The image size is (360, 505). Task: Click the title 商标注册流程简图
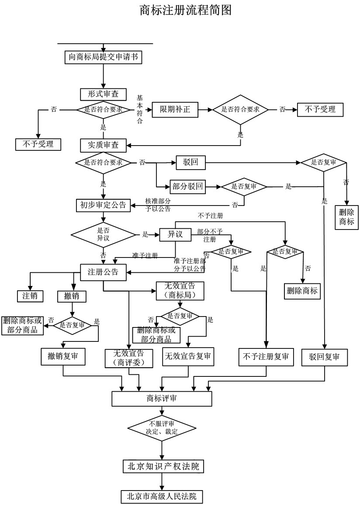[x=185, y=10]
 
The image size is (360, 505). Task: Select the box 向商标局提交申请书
[x=103, y=57]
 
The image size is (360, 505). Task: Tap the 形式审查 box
[x=103, y=94]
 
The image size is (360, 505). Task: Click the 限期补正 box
[x=175, y=109]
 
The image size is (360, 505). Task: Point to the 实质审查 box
[x=103, y=144]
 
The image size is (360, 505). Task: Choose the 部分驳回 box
[x=187, y=187]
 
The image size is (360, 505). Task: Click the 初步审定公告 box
[x=103, y=205]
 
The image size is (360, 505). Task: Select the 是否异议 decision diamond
[x=103, y=235]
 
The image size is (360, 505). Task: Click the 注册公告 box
[x=103, y=272]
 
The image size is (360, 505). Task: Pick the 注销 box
[x=30, y=296]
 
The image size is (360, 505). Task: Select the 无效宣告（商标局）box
[x=180, y=291]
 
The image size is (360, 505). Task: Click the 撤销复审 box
[x=63, y=356]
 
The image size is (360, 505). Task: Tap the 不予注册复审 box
[x=266, y=357]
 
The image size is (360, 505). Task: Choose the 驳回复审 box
[x=324, y=357]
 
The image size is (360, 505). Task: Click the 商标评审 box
[x=162, y=398]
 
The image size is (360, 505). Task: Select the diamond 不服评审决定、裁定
[x=162, y=427]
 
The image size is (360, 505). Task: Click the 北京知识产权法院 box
[x=163, y=466]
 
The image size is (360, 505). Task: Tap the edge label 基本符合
[x=140, y=109]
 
